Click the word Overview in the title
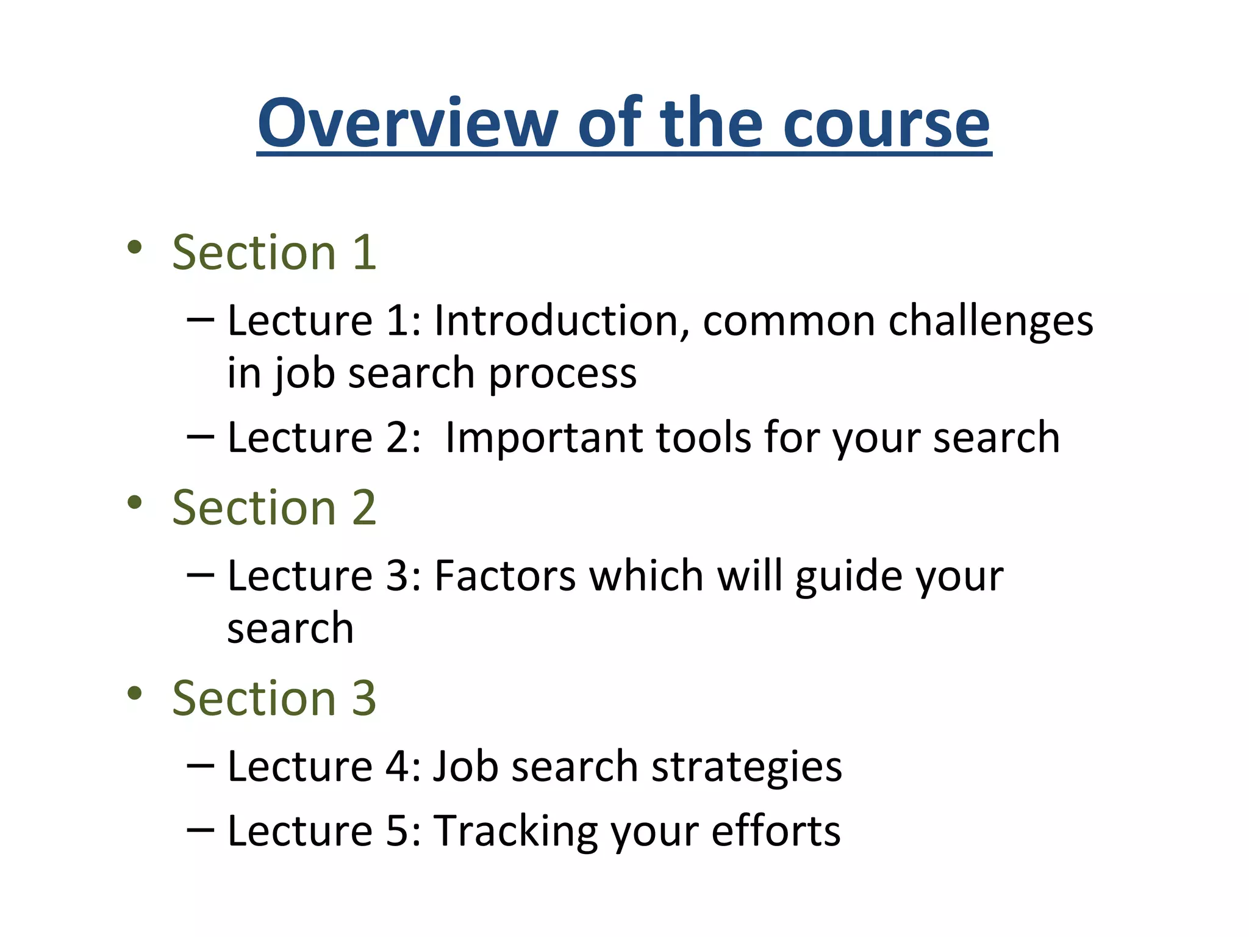coord(407,124)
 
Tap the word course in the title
coord(887,124)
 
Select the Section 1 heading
coord(274,253)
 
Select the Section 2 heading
coord(274,508)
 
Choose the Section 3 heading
coord(274,698)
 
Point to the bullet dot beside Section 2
coord(135,503)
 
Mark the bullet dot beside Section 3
coord(135,693)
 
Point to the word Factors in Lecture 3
coord(505,576)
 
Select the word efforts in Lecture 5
coord(776,831)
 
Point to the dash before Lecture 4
coord(201,765)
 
